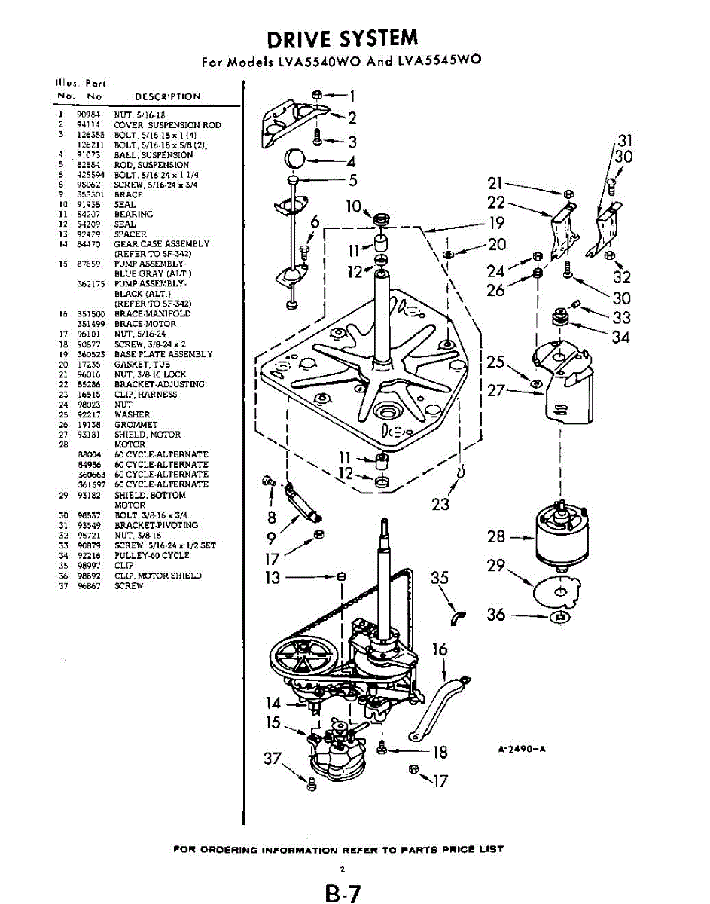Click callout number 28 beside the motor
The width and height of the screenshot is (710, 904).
tap(496, 537)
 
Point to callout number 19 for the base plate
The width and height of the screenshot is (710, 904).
tap(496, 223)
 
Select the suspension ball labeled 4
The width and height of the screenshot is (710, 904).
tap(295, 160)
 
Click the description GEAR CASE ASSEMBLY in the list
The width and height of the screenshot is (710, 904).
tap(162, 244)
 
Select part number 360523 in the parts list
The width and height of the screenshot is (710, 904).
tap(90, 354)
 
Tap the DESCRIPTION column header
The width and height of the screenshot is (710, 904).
tap(167, 96)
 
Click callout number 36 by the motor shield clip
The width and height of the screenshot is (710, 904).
tap(496, 615)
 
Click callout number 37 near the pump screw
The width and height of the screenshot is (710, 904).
tap(272, 759)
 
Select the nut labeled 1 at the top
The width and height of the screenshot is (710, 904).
tap(317, 95)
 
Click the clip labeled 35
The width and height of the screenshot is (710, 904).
tap(456, 616)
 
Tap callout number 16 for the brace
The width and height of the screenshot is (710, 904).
tap(441, 649)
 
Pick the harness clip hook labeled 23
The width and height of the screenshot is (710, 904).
tap(461, 473)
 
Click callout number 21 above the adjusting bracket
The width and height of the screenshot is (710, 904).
tap(495, 182)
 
